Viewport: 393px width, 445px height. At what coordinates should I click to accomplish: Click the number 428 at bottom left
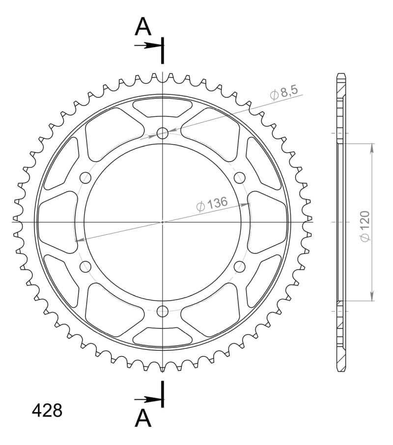tap(47, 410)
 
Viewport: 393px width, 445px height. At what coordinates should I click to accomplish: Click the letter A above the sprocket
tap(143, 27)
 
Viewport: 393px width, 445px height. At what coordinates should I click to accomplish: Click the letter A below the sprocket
tap(143, 418)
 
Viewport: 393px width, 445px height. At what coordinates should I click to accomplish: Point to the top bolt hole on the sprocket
tap(163, 133)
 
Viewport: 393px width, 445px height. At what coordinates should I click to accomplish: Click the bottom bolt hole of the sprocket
tap(163, 310)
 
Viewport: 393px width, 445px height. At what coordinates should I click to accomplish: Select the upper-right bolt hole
tap(240, 177)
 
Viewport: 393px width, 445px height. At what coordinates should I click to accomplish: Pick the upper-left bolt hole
tap(85, 177)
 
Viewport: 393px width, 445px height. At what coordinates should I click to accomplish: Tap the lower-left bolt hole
tap(85, 267)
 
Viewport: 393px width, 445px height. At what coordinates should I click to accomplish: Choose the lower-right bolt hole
tap(240, 266)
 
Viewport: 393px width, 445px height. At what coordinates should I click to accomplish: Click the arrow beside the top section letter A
tap(147, 45)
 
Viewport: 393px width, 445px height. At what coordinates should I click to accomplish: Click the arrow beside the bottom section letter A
tap(147, 400)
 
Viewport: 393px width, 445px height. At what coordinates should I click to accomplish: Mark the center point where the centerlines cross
tap(163, 222)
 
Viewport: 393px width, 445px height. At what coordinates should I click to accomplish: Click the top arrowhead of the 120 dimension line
tap(372, 147)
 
